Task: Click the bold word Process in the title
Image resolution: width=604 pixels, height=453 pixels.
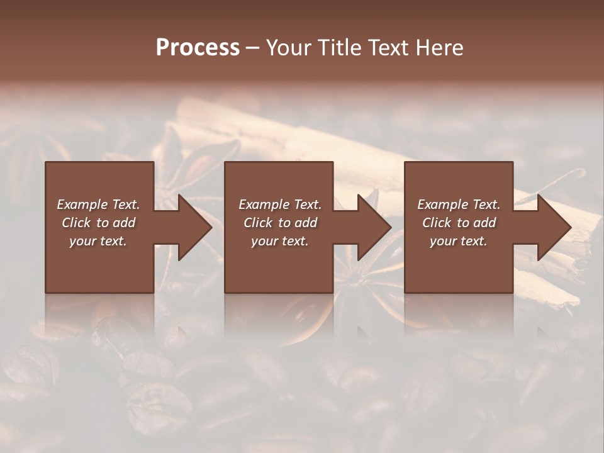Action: point(198,48)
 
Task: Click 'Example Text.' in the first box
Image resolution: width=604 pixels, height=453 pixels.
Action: point(98,204)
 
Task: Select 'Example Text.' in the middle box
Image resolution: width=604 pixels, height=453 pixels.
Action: point(280,204)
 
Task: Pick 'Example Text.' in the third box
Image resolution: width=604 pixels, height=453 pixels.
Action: point(459,204)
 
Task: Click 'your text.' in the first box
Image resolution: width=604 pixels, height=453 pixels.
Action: point(98,241)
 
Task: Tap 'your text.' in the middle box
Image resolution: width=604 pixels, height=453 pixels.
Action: point(280,241)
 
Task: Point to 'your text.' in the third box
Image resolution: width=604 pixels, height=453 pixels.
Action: point(459,241)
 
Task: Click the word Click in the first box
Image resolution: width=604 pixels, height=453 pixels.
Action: point(77,223)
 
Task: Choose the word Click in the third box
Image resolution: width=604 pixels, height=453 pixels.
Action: point(437,223)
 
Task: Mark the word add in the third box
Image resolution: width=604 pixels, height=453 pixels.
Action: point(484,223)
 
